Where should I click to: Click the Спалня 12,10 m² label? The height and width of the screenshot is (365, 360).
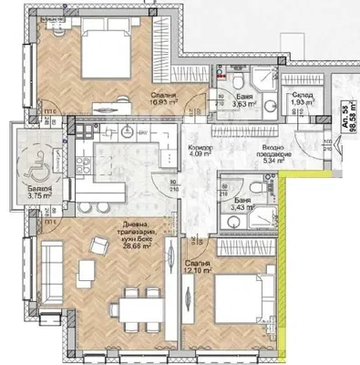(x=196, y=266)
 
